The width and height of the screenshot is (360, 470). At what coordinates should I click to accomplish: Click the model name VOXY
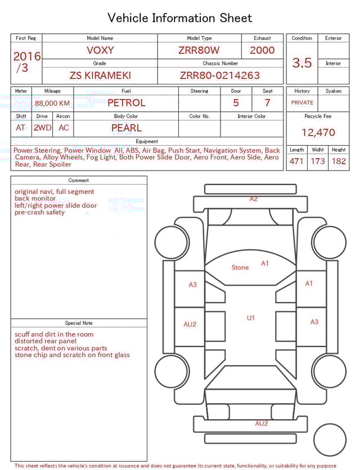100,50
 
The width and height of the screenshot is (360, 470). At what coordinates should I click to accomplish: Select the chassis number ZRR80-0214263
220,75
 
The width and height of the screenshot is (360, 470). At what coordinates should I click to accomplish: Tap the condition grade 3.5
301,63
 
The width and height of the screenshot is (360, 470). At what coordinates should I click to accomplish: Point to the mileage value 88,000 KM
52,103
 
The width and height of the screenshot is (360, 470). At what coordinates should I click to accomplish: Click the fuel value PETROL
126,103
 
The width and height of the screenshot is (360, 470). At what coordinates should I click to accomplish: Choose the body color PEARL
126,128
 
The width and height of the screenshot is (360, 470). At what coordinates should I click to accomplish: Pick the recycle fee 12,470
318,132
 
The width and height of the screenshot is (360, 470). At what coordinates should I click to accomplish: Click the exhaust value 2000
262,50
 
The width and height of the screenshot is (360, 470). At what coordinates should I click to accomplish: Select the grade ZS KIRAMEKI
100,75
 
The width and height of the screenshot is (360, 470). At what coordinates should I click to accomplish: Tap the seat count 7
267,103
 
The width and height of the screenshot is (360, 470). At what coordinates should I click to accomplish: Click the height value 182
339,162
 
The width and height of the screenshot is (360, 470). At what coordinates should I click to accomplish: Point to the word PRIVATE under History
302,103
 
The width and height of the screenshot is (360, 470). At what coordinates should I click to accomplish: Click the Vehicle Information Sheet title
180,18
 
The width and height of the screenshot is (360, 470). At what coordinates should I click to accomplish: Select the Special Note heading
79,323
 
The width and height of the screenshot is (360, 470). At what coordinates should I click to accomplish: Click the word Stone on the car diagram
240,267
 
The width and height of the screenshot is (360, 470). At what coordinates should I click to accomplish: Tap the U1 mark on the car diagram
251,318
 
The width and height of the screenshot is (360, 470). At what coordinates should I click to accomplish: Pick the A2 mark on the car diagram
254,199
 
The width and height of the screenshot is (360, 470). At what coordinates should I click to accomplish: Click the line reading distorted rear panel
46,341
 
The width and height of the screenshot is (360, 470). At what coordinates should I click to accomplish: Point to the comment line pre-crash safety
39,213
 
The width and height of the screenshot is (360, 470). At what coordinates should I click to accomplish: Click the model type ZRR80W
199,50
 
